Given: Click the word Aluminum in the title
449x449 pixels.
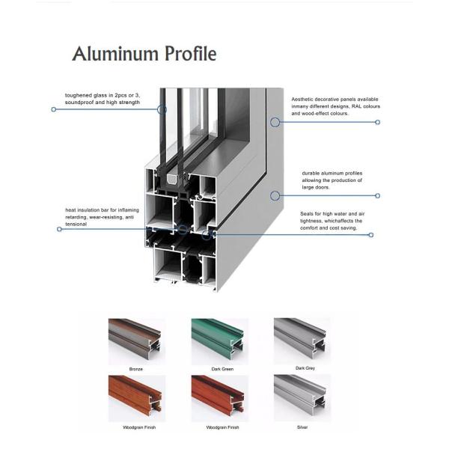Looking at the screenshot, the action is coord(115,54).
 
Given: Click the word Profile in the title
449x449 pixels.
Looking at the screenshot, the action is coord(190,53).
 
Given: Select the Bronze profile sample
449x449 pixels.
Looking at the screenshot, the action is coord(135,338).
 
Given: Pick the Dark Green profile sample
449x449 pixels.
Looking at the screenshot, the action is coord(218,338).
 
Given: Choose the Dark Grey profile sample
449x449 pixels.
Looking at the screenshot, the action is coord(300,338).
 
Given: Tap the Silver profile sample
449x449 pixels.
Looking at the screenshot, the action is coord(300,395).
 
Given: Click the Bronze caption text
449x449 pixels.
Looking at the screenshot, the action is coord(135,369).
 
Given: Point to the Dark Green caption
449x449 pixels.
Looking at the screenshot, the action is coord(222,369).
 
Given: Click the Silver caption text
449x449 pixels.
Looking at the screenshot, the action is coord(302,427).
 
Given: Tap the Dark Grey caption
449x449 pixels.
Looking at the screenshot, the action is coord(305,368).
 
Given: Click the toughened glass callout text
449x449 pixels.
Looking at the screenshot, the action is coord(103,99).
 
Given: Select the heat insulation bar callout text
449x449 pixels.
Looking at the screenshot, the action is coord(102,217).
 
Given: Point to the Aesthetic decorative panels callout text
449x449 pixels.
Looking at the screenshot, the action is coord(335,106).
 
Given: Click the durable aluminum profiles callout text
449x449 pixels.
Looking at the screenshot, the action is coord(332,180).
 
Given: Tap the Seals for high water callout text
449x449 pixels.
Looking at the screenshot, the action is coord(332,221).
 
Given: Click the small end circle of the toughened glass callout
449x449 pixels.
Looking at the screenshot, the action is coord(54,109).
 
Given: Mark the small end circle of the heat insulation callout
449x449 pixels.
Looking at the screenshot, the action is coord(59,229).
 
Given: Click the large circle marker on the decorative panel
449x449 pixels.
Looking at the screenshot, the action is coord(275,122).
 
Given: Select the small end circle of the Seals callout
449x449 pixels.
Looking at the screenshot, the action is coord(371,235).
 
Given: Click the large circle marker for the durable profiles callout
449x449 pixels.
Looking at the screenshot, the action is coord(275,196).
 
